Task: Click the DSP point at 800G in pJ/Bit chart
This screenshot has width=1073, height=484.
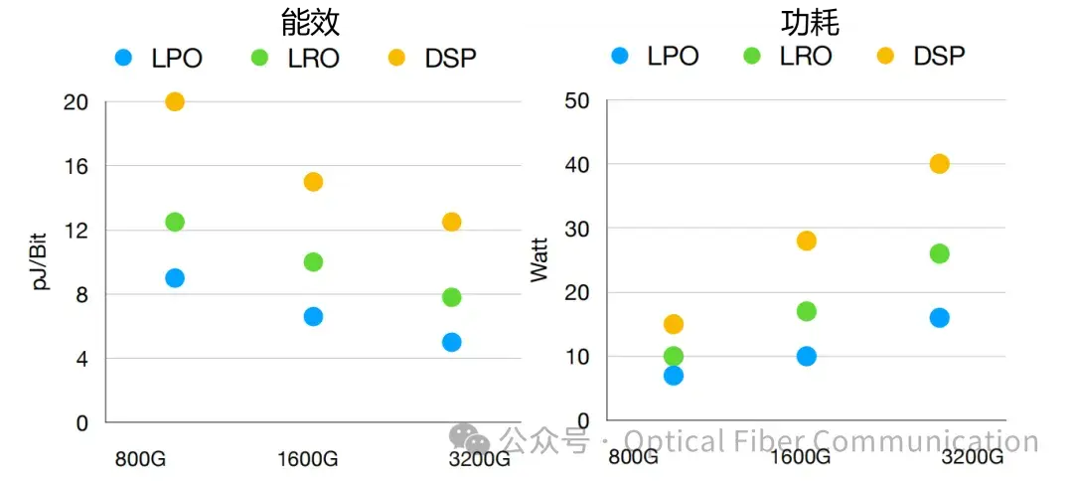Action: (175, 101)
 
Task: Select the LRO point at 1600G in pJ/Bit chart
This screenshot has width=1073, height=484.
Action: (313, 262)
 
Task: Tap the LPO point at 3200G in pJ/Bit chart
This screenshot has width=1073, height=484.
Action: (451, 342)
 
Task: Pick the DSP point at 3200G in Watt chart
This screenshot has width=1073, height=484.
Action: (939, 164)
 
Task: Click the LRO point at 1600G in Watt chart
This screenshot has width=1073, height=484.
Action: (806, 311)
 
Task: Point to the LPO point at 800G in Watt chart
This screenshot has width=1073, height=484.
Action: (674, 375)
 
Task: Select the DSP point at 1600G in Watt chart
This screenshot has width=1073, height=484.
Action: (806, 241)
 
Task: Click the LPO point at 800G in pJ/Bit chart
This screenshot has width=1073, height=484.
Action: (175, 278)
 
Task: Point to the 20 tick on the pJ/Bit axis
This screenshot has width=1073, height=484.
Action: (76, 102)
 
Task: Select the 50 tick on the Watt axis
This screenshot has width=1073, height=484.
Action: (576, 100)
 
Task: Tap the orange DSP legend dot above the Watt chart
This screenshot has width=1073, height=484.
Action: (885, 56)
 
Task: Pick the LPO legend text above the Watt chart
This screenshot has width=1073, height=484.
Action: (673, 56)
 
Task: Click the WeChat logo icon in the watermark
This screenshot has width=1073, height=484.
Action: (469, 438)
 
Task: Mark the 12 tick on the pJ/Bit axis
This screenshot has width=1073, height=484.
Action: (77, 231)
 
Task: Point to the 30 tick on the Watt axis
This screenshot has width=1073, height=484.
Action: (576, 229)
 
